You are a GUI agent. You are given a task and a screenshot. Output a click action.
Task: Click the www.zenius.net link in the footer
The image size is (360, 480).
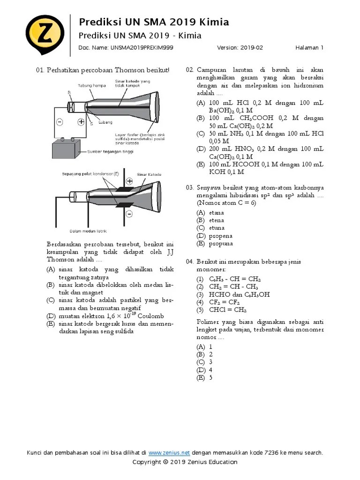pos(169,453)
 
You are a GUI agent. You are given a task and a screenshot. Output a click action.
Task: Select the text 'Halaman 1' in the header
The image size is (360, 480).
pos(309,47)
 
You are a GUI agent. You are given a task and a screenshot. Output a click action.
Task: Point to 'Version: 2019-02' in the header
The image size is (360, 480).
pos(240,47)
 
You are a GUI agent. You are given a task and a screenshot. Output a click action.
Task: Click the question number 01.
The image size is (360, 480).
pos(40,70)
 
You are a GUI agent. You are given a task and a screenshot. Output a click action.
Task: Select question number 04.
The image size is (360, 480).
pos(189,261)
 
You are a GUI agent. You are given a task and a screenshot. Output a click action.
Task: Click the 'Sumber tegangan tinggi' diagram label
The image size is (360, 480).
pos(111,152)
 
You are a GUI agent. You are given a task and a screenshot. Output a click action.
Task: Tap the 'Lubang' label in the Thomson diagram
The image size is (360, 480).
pos(105,122)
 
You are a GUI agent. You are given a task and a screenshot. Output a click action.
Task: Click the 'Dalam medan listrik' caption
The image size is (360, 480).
pos(89,231)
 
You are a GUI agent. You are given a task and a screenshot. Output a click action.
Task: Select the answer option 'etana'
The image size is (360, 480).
pos(217,212)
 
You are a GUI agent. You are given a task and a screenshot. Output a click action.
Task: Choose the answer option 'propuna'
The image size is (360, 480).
pos(221,244)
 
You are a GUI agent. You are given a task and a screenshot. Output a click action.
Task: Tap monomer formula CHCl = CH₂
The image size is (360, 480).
pos(228,310)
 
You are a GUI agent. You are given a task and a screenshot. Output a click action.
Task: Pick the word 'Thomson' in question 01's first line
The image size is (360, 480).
pos(130,70)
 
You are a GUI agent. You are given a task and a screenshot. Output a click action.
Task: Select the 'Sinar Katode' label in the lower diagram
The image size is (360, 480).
pos(149,174)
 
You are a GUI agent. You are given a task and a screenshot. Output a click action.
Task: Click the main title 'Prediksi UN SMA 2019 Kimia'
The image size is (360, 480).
pos(154,22)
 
